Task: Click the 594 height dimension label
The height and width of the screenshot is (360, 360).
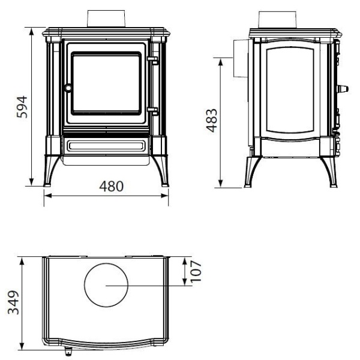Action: [x=22, y=107]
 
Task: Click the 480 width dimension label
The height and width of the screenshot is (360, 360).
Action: [x=112, y=186]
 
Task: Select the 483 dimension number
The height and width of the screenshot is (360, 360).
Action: [x=211, y=121]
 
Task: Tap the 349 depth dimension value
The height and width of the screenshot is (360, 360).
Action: [x=13, y=302]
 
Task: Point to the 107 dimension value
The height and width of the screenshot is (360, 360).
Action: [x=196, y=271]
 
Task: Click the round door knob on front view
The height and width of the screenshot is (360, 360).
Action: [x=68, y=88]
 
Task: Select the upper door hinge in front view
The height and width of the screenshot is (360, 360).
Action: [x=153, y=60]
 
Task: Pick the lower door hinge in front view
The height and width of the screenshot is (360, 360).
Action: [x=153, y=111]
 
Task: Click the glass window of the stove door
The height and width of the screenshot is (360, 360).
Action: [x=106, y=83]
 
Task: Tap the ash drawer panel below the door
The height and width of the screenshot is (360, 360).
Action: [x=106, y=146]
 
